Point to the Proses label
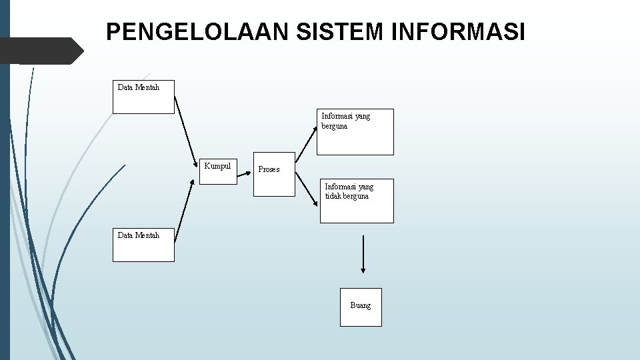[269, 169]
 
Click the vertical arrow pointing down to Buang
[363, 253]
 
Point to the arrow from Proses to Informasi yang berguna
[307, 137]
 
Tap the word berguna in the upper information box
[334, 126]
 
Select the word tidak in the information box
[333, 197]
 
